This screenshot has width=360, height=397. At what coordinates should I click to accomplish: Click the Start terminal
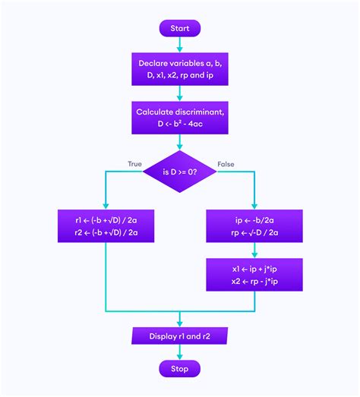tap(179, 28)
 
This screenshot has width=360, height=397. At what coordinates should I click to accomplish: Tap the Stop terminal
tap(179, 369)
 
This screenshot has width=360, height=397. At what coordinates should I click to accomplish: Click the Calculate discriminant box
tap(179, 118)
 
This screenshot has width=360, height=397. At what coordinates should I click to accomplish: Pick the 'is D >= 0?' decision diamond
tap(179, 172)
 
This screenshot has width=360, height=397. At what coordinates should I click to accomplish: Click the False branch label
tap(226, 164)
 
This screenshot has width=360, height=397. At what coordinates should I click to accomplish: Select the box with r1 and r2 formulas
tap(106, 225)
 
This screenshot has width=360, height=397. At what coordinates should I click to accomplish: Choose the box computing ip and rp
tap(254, 225)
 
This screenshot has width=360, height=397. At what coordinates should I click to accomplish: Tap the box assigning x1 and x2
tap(254, 274)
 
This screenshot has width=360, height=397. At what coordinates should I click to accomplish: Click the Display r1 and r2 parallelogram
tap(179, 335)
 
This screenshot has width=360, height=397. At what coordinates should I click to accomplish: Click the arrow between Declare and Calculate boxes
tap(179, 93)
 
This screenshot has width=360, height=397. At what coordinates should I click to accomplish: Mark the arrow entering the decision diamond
tap(179, 143)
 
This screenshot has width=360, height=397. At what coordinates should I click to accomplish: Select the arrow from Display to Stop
tap(179, 352)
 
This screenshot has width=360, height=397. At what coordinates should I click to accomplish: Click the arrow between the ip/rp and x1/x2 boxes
tap(254, 250)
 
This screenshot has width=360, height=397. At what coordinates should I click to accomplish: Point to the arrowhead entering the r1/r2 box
tap(106, 205)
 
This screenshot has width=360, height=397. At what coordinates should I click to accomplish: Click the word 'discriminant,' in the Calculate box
tap(201, 112)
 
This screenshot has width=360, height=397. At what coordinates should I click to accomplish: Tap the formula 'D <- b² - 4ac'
tap(179, 124)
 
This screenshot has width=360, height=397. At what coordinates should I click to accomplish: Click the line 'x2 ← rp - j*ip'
tap(254, 281)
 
